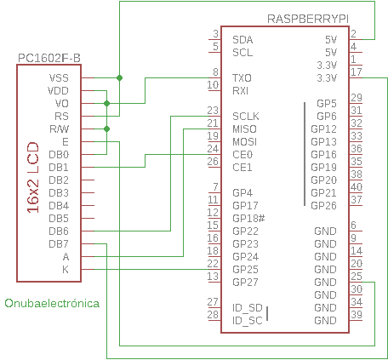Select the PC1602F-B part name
49,58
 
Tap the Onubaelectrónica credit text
52,303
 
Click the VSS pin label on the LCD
59,77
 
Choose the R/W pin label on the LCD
59,129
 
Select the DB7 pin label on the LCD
59,243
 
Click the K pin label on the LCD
66,269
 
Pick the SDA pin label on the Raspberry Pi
242,39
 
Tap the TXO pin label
242,78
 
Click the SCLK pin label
245,116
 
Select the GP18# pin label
248,218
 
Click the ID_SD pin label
247,307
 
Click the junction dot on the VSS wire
119,77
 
